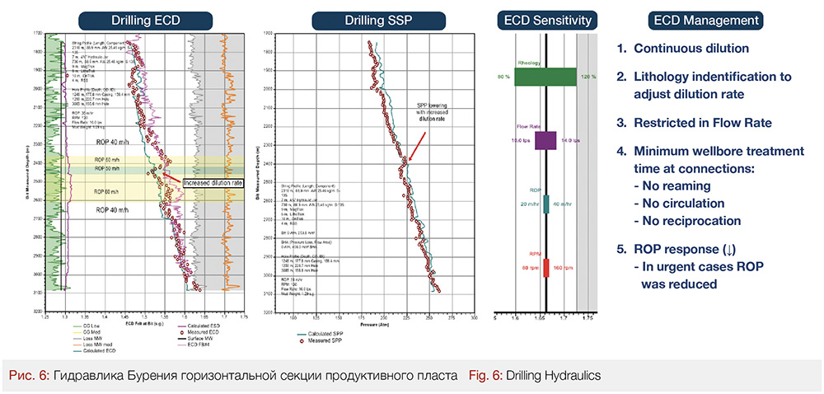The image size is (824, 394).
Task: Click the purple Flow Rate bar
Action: tap(545, 139)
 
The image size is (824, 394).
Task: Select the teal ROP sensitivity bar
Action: tap(546, 204)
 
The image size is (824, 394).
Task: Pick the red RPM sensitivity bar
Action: tap(546, 267)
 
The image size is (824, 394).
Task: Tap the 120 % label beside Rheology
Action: tap(588, 77)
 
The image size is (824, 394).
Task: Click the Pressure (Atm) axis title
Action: tap(372, 324)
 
